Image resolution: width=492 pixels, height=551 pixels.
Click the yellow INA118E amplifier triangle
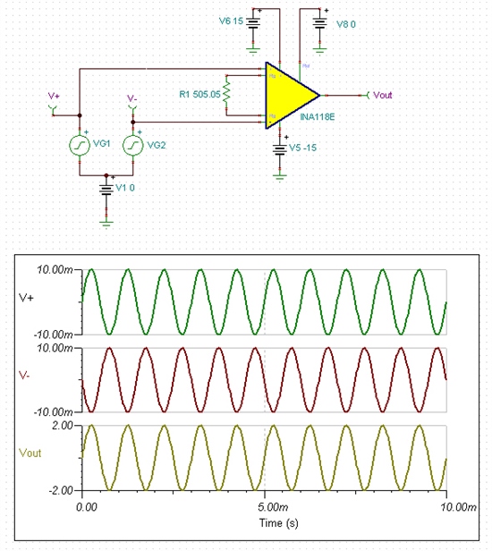(x=289, y=94)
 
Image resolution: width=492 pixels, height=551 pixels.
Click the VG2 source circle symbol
(x=133, y=145)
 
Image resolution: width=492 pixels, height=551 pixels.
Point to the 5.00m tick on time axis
(x=266, y=506)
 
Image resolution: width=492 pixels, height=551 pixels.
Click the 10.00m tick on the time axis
(x=447, y=506)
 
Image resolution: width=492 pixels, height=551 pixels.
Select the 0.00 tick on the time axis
(x=86, y=506)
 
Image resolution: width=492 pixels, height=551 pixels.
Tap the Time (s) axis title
(x=266, y=521)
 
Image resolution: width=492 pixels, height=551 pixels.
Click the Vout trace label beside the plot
(x=30, y=454)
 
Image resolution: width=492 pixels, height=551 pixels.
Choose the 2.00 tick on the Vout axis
(x=60, y=426)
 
